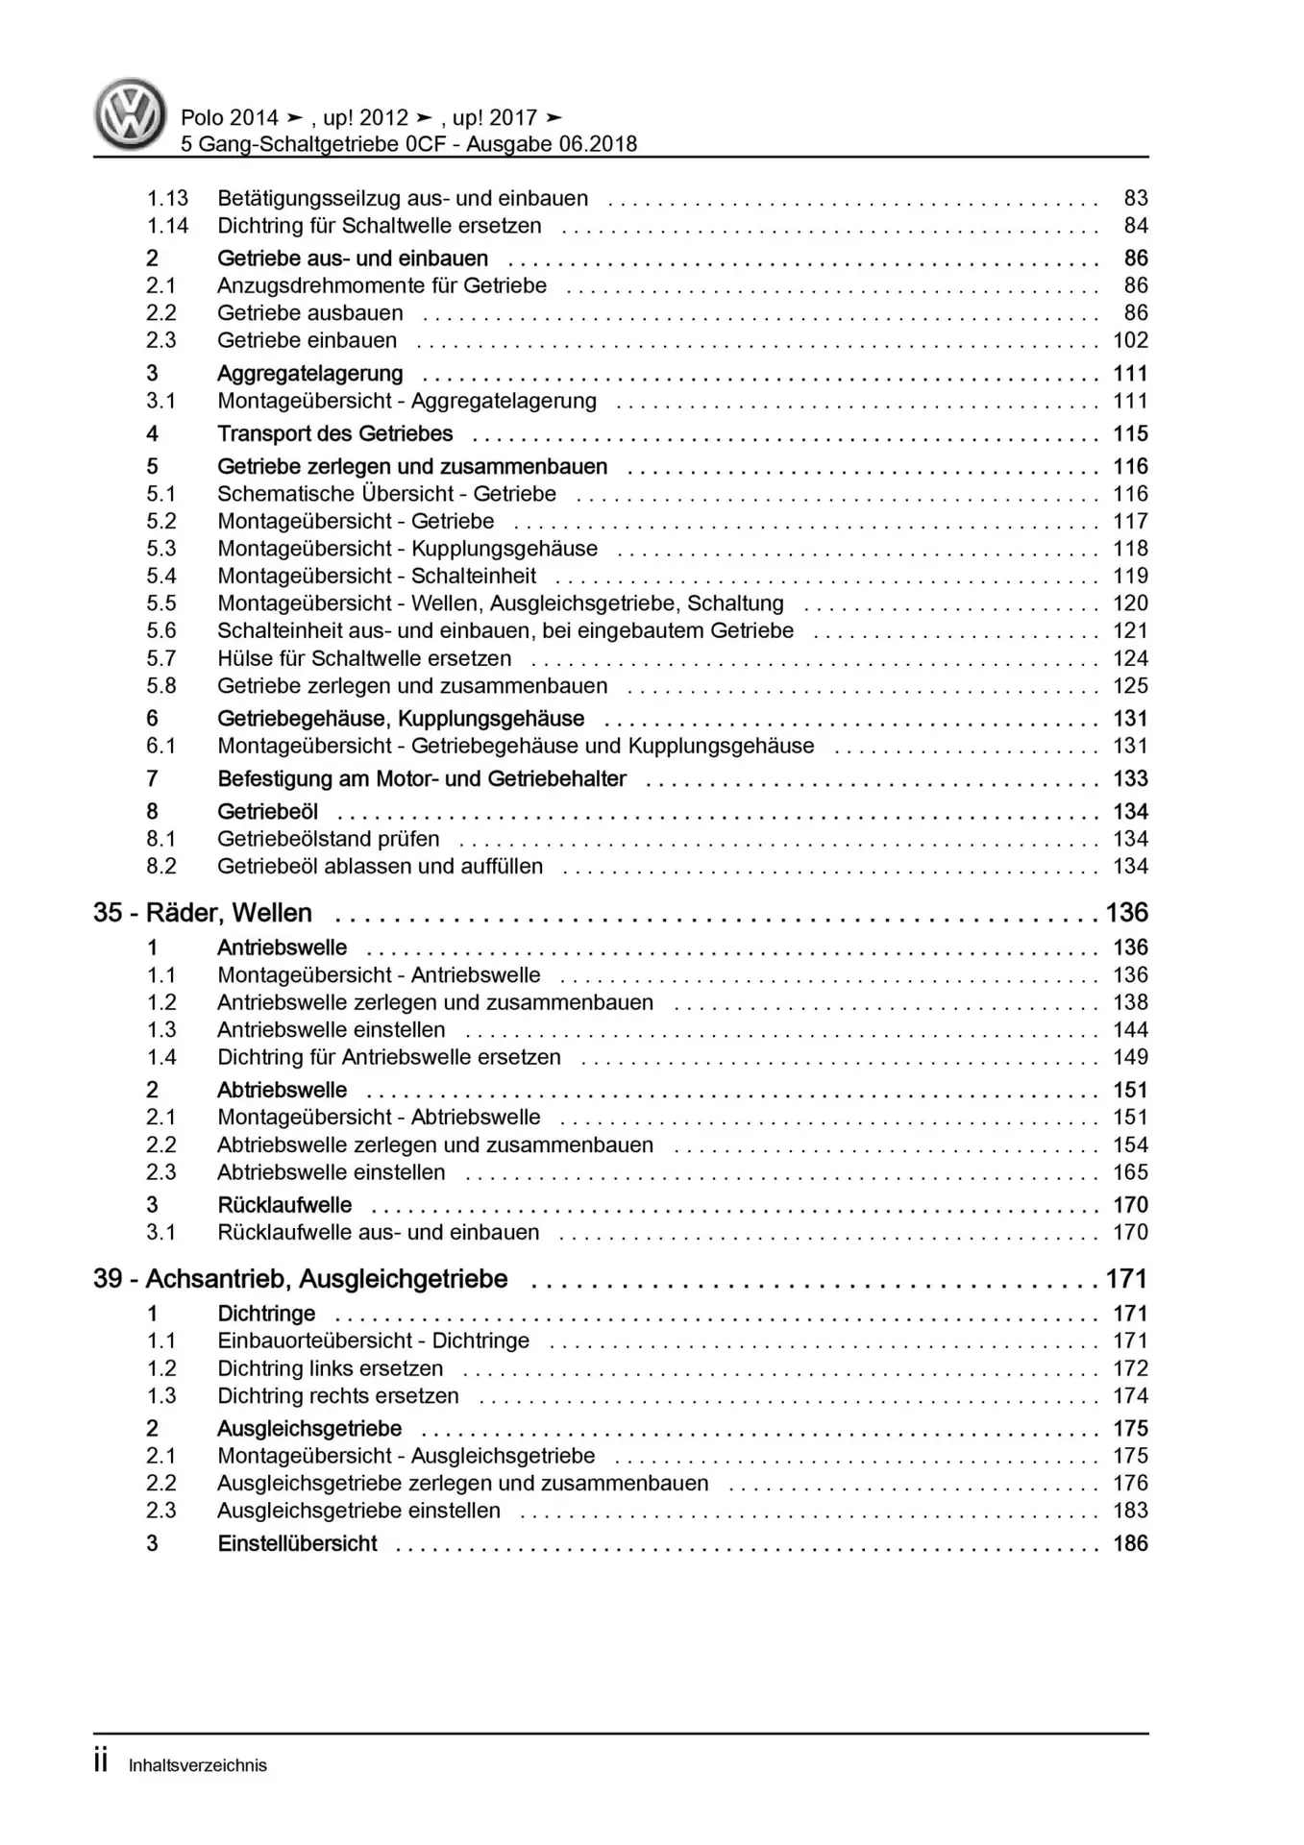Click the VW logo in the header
point(130,113)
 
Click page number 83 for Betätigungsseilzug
point(1136,198)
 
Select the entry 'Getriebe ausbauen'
point(309,313)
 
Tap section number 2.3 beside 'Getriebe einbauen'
point(160,340)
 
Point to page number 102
point(1130,340)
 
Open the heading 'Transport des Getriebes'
point(334,434)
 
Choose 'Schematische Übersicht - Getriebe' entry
point(386,494)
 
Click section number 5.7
point(160,659)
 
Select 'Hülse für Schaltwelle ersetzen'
point(364,659)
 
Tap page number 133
point(1130,779)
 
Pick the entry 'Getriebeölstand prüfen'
point(328,839)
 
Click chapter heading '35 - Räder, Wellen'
point(203,913)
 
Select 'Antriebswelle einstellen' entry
point(331,1030)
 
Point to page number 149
point(1130,1057)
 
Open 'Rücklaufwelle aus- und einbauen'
point(378,1233)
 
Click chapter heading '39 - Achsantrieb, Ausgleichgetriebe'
point(300,1279)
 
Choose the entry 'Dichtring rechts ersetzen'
point(337,1396)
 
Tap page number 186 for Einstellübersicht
point(1130,1543)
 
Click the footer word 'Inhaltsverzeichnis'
point(198,1765)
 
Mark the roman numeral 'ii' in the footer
point(101,1762)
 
